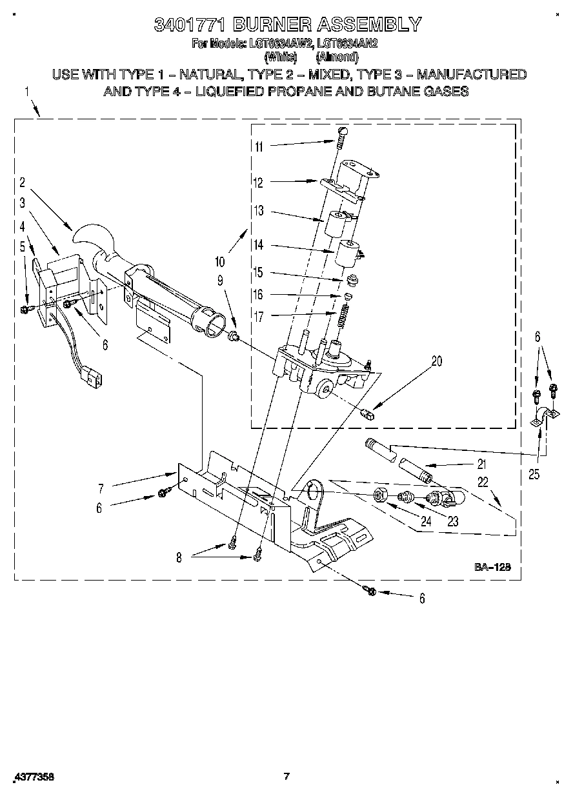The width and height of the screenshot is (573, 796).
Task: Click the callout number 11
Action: (x=259, y=146)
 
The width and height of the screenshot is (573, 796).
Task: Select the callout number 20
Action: (x=437, y=361)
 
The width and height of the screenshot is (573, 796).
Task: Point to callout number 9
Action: (x=220, y=281)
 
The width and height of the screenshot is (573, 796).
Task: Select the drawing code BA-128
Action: (x=492, y=568)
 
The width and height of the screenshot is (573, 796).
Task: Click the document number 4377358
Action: (x=32, y=777)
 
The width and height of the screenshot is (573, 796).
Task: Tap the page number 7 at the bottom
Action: (x=287, y=776)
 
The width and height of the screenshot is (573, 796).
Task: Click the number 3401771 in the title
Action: (x=190, y=25)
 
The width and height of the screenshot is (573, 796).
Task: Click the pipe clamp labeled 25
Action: (x=541, y=418)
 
